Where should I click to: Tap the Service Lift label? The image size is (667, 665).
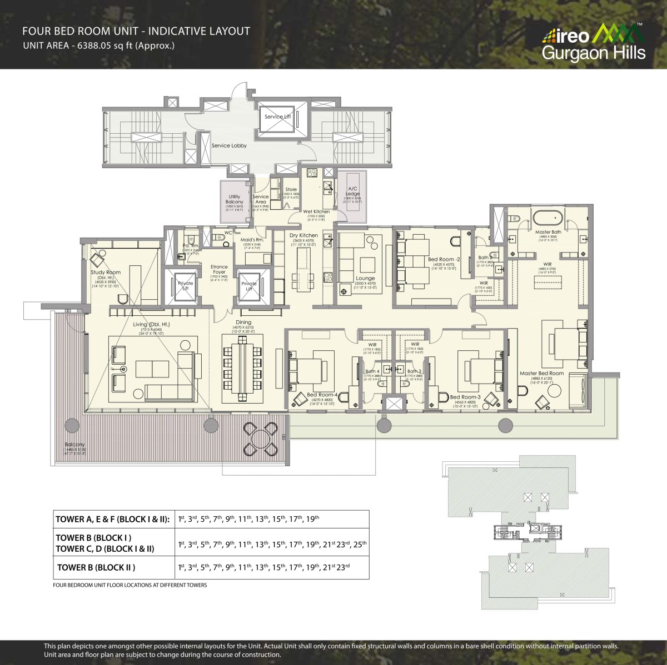coord(277,117)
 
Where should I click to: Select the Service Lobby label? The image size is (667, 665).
coord(229,145)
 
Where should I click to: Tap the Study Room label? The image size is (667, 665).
coord(106,273)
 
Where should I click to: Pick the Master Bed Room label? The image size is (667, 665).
coord(541,373)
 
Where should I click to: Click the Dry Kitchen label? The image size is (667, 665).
coord(304,235)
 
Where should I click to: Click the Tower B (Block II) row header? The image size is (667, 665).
coord(96,567)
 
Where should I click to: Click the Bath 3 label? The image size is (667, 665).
coord(412,371)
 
